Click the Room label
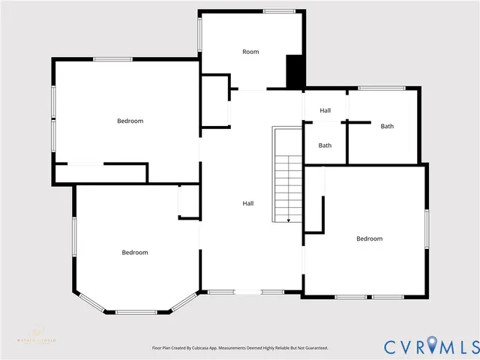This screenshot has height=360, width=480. point(250,52)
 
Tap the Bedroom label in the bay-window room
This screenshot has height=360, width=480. point(135,253)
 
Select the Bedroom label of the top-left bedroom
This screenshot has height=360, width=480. point(130,121)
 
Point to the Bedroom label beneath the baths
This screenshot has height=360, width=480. point(369,238)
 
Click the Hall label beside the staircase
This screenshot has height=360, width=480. point(247,203)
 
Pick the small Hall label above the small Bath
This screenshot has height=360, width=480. point(325,110)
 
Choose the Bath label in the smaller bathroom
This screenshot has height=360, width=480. point(325,145)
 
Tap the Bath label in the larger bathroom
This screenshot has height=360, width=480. point(387,126)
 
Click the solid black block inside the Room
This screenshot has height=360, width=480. point(295,71)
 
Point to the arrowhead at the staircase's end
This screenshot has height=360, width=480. point(289,220)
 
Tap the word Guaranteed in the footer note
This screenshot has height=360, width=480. point(314,348)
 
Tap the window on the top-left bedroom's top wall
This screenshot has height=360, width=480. point(113,59)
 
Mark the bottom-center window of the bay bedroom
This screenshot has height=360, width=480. point(136,312)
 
